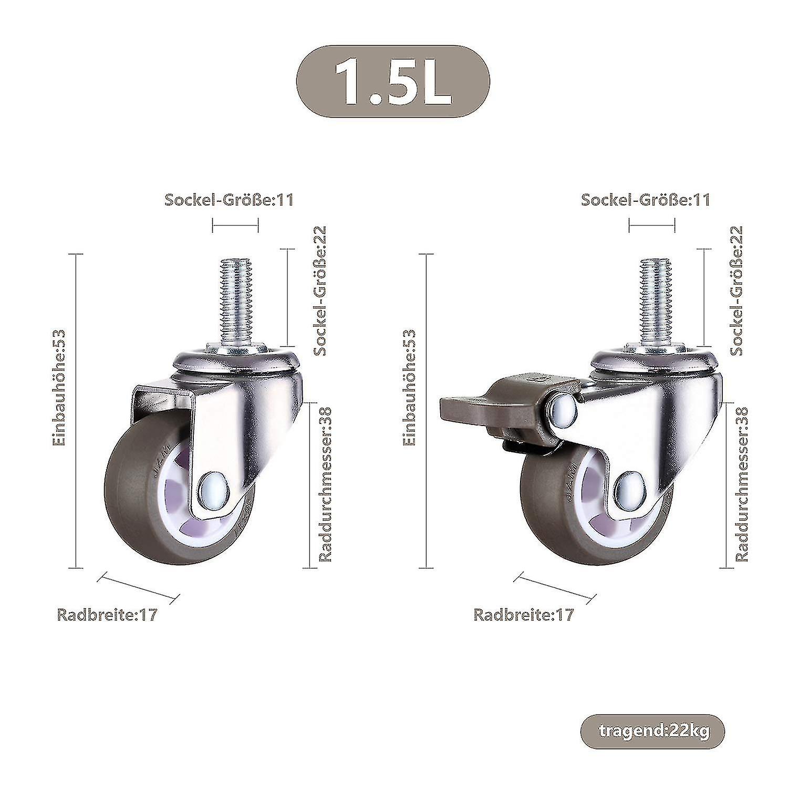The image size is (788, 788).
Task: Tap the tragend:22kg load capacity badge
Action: (x=652, y=730)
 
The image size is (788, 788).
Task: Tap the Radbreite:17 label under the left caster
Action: (x=107, y=615)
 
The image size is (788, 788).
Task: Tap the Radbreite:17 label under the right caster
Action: (x=523, y=615)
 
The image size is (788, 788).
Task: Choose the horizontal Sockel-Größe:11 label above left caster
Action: (x=229, y=200)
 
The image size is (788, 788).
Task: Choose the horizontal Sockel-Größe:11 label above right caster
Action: (x=646, y=200)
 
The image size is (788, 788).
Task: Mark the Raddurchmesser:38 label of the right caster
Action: (x=742, y=483)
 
